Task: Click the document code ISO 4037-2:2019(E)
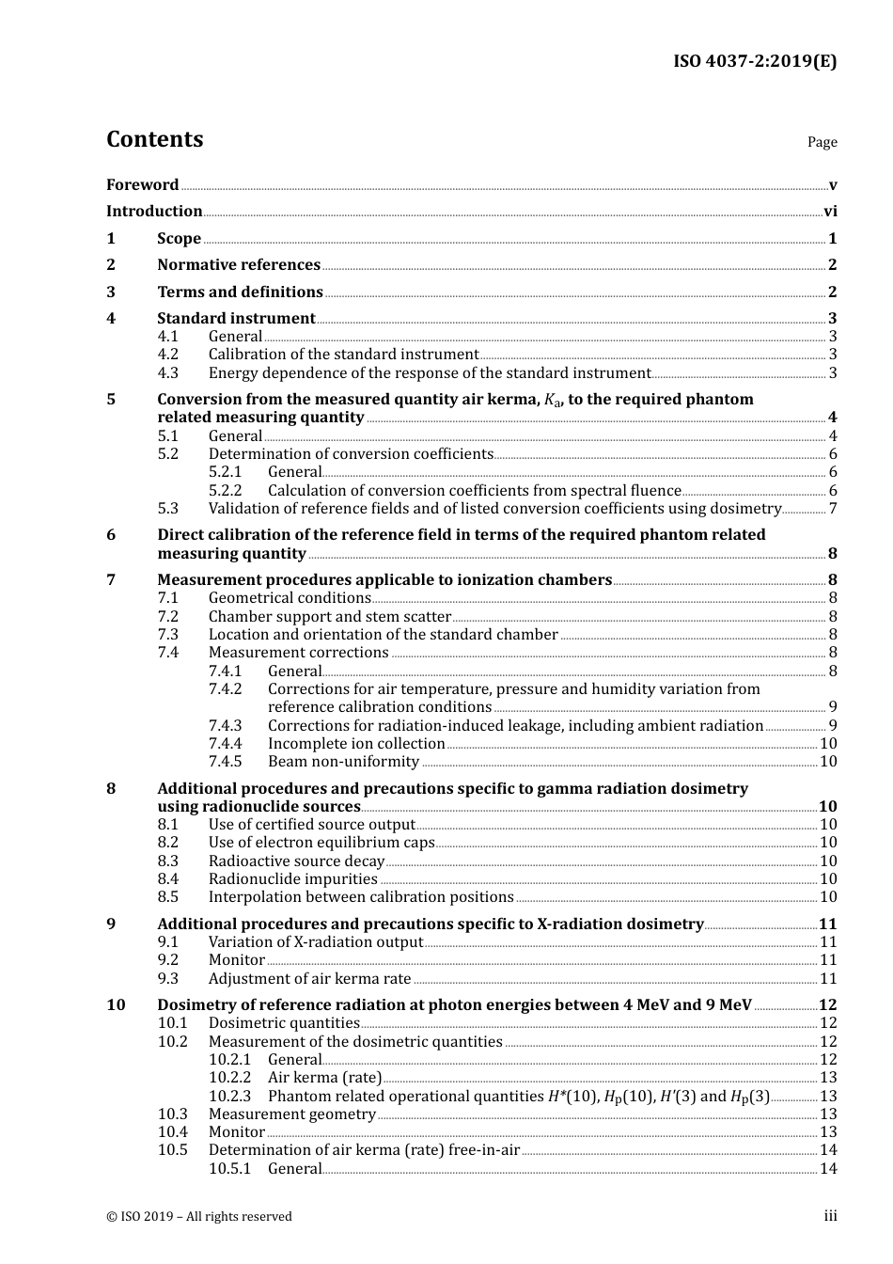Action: click(755, 62)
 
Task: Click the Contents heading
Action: click(154, 139)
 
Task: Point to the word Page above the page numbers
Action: click(822, 142)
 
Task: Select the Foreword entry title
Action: click(142, 185)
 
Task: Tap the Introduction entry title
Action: click(154, 212)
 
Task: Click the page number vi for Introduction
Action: click(830, 212)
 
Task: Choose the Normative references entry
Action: click(239, 265)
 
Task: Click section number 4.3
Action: click(167, 373)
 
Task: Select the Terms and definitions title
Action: click(240, 292)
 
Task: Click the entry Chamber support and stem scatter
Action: click(329, 617)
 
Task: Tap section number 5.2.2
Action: click(225, 491)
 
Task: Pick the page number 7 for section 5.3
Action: click(833, 509)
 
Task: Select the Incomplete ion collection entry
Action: click(356, 744)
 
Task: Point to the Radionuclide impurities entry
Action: click(292, 879)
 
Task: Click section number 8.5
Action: click(167, 897)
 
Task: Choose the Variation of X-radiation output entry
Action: click(315, 942)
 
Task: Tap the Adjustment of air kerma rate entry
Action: click(309, 979)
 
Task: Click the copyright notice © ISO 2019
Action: click(198, 1217)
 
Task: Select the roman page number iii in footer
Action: click(830, 1216)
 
